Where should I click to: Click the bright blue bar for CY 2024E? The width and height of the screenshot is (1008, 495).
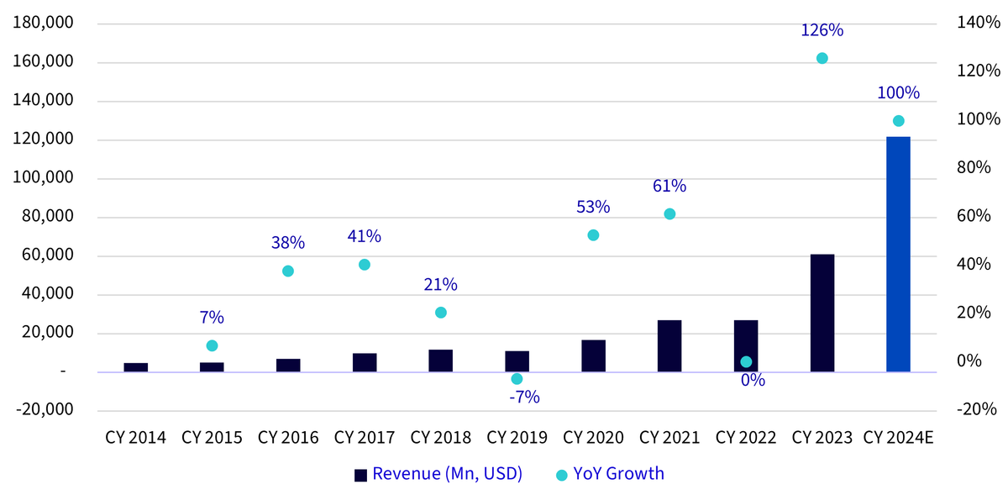click(898, 255)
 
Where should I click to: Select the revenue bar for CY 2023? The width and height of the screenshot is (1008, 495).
click(822, 313)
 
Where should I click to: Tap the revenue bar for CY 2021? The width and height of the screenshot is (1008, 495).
click(669, 346)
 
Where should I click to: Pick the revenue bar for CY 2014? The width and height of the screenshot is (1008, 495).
click(136, 367)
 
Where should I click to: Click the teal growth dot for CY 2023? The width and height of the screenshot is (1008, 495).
click(822, 58)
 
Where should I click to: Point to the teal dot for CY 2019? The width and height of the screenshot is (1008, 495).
click(517, 379)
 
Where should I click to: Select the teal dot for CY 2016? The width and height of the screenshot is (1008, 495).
click(288, 271)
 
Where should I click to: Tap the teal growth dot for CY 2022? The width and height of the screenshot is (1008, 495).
click(746, 361)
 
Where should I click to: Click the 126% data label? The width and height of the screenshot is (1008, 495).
click(822, 30)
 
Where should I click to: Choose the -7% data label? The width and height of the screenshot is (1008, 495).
click(524, 398)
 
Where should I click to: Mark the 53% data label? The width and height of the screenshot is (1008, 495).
click(593, 208)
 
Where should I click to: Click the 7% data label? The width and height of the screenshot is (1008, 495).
click(212, 318)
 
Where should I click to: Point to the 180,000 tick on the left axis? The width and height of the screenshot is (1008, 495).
click(43, 23)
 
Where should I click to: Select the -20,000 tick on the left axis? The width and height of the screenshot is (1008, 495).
click(45, 409)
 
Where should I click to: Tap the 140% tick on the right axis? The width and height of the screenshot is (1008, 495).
click(979, 22)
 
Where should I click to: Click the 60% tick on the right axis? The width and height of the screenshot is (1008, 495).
click(974, 216)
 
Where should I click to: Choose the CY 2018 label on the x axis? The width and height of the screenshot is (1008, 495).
click(440, 437)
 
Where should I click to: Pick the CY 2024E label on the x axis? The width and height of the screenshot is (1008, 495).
click(898, 437)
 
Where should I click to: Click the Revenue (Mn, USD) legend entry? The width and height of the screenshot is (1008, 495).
click(438, 474)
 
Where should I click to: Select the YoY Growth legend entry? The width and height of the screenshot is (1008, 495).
click(610, 474)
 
